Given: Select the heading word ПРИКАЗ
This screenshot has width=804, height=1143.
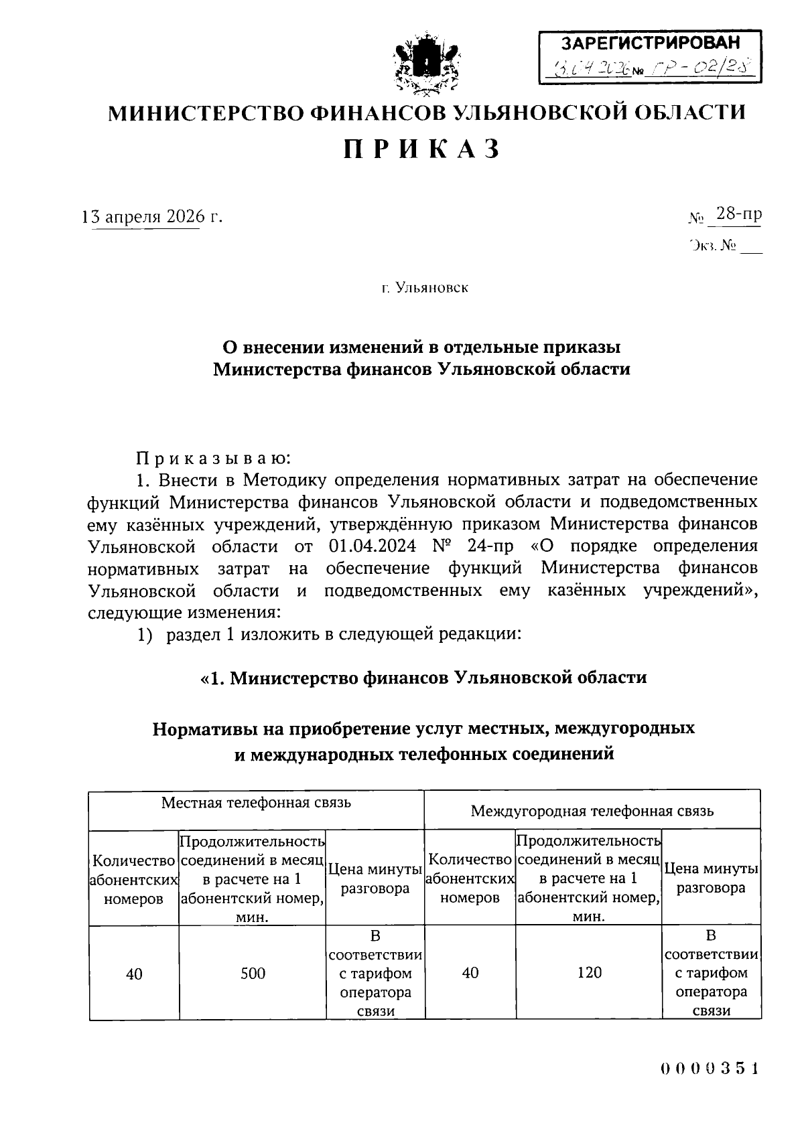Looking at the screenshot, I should (x=423, y=149).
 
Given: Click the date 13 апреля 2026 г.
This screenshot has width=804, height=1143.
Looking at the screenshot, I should (x=151, y=217).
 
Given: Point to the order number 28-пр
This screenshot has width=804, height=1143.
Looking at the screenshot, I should (x=738, y=214).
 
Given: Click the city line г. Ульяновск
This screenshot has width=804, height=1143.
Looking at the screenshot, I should (x=425, y=288).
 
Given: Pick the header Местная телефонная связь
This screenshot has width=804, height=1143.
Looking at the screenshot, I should (x=256, y=802).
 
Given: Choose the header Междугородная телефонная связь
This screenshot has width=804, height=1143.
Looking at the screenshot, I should (x=592, y=811).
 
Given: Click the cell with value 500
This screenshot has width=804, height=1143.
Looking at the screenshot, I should (x=253, y=973).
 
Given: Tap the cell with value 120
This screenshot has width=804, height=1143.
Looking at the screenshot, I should (x=589, y=972).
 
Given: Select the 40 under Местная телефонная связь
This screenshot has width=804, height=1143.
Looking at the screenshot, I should (x=134, y=973).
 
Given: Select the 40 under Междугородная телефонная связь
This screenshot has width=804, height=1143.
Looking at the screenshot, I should (x=470, y=972).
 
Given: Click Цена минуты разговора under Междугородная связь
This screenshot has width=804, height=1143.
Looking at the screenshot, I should (x=711, y=879).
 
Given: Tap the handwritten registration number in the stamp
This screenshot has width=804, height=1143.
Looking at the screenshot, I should (x=700, y=68).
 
